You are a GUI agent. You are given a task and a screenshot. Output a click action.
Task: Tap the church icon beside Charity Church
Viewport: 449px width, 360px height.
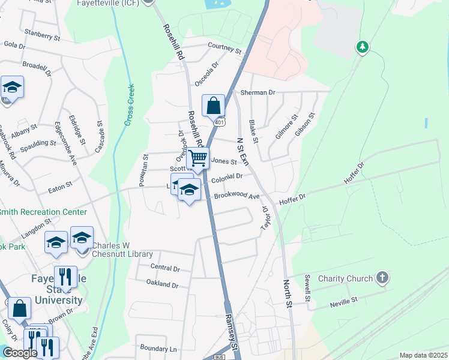(x=382, y=278)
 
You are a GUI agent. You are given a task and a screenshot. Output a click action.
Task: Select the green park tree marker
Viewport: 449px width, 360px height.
(x=362, y=46)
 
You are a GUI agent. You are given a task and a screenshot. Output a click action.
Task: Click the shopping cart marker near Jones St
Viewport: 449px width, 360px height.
(x=197, y=159)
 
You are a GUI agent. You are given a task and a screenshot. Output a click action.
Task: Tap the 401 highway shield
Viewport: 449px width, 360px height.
(x=220, y=122)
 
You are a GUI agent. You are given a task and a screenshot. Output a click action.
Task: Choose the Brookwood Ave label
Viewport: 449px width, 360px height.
(x=237, y=196)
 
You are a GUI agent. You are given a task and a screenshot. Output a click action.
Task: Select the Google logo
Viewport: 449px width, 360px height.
(x=20, y=353)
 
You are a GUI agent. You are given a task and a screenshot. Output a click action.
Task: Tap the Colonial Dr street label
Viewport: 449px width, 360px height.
(x=226, y=176)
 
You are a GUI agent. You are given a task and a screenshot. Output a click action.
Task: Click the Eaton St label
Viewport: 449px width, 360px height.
(x=60, y=184)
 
